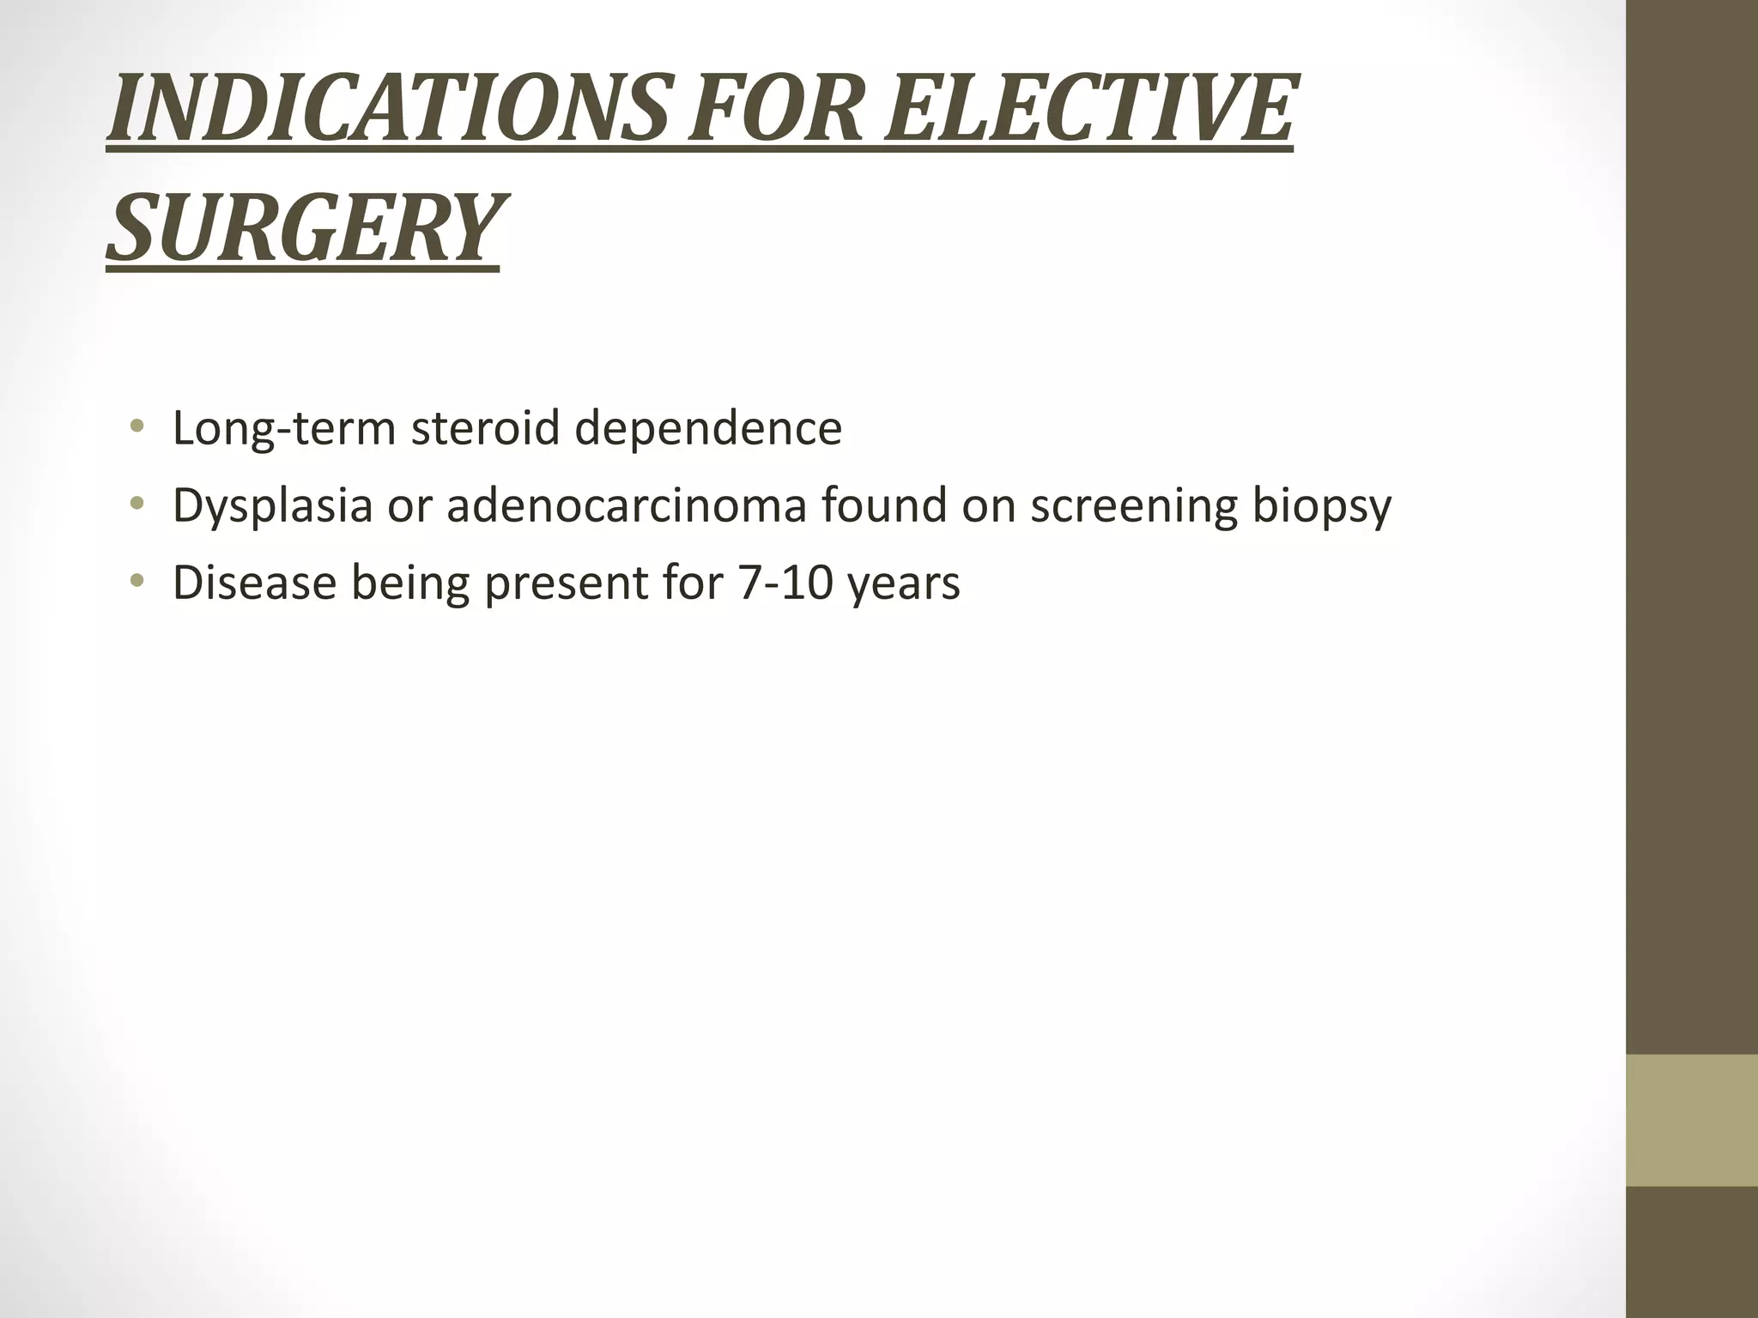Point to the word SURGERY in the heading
click(302, 228)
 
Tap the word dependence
click(708, 429)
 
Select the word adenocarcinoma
click(627, 505)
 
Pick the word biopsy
click(1321, 506)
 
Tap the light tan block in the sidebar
click(1692, 1120)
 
